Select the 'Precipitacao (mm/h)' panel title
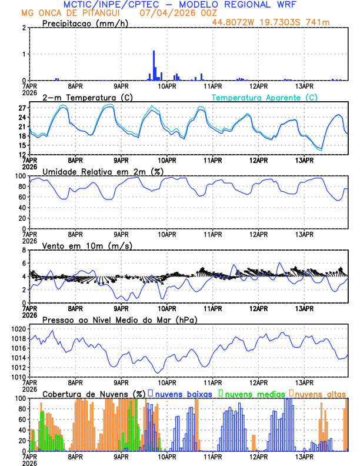point(85,24)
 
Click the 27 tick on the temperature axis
point(22,108)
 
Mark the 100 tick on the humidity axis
point(19,176)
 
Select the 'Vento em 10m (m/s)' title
point(87,245)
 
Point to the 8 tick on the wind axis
point(24,250)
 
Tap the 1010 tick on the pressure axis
point(18,377)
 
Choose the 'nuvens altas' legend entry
point(320,393)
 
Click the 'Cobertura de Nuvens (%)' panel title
point(93,393)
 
